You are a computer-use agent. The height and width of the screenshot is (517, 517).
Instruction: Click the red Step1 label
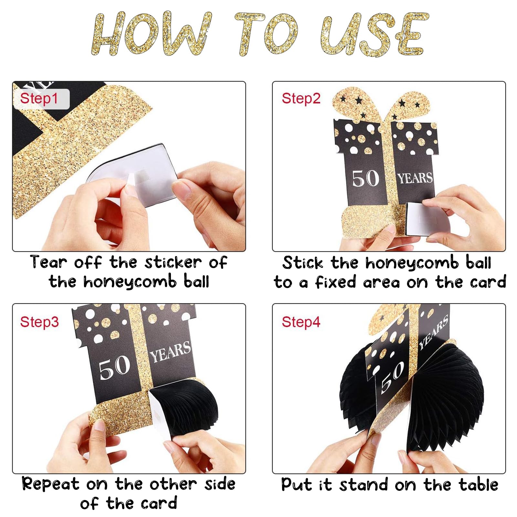(x=39, y=98)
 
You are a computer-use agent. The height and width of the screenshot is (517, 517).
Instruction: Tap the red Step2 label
(x=301, y=98)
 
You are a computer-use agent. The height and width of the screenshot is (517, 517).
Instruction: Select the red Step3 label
(x=39, y=322)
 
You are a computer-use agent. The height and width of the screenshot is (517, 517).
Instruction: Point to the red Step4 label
(x=301, y=322)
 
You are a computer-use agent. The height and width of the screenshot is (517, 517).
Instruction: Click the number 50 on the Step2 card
(x=365, y=178)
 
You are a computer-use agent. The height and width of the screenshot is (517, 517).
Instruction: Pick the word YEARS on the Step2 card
(x=415, y=178)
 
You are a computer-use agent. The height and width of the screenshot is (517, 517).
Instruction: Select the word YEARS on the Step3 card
(x=171, y=352)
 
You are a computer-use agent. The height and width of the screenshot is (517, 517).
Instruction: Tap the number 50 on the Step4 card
(x=392, y=377)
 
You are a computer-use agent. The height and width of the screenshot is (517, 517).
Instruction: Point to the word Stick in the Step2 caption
(x=303, y=262)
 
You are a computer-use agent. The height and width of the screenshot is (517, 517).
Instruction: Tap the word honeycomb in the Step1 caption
(x=130, y=282)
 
